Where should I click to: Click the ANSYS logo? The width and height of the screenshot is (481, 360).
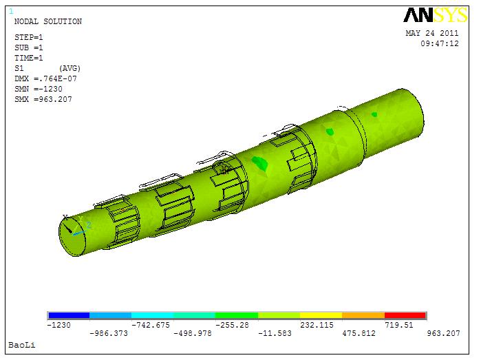point(436,15)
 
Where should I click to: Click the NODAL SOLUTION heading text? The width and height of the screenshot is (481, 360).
point(48,21)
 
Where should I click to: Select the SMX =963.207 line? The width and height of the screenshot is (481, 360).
point(43,99)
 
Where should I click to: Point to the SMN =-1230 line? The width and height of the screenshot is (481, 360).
point(39,89)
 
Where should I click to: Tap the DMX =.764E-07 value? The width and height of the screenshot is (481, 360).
point(45,79)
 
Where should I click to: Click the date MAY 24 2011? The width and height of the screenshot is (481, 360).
point(432,33)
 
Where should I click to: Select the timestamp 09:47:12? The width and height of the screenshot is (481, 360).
point(440,43)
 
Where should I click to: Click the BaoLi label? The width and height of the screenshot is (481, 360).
point(22,345)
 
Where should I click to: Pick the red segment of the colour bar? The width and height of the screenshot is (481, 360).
point(405,315)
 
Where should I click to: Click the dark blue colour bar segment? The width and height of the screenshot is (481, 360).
point(69,315)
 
